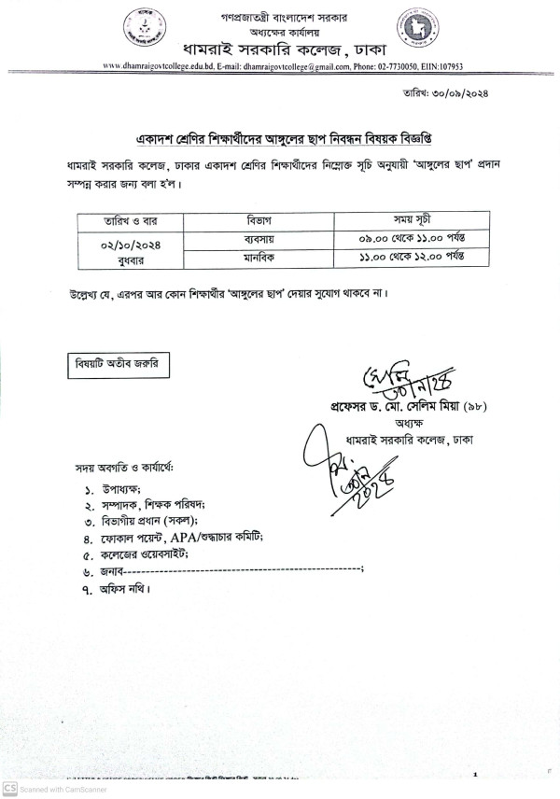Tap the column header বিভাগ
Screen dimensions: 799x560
(249, 221)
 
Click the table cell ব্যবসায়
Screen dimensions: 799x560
(249, 239)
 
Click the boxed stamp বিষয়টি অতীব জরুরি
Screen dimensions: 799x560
(117, 365)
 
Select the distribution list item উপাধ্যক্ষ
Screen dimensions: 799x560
(121, 489)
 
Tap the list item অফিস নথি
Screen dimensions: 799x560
(123, 588)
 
